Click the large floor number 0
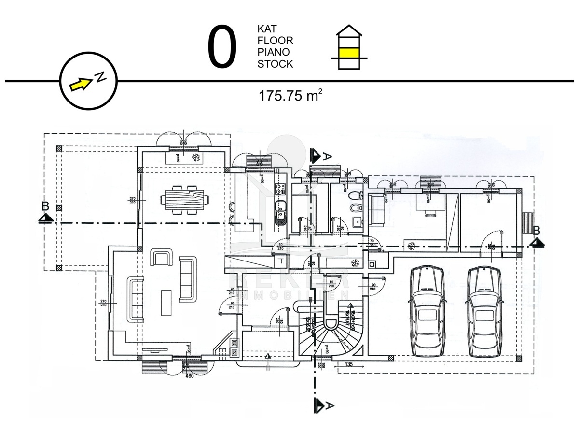pyautogui.click(x=222, y=47)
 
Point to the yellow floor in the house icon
pyautogui.click(x=349, y=52)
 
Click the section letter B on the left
pyautogui.click(x=45, y=206)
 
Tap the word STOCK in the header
pyautogui.click(x=275, y=64)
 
